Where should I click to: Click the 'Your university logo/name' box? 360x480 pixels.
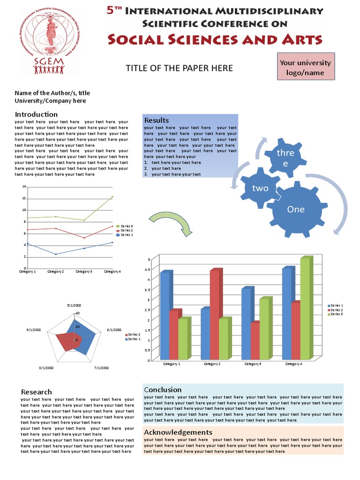point(305,67)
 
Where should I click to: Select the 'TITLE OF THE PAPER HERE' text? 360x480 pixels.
point(179,68)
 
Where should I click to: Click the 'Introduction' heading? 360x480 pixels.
point(36,114)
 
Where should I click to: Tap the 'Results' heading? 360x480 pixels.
point(157,120)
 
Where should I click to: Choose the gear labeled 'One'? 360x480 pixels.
point(296,209)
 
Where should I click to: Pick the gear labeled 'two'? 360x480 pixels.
point(260,188)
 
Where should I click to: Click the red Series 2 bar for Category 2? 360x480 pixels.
point(215,314)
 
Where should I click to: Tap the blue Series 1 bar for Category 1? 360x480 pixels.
point(165,315)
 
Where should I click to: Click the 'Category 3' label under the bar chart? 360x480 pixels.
point(253,364)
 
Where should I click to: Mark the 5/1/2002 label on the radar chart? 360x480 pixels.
point(75,305)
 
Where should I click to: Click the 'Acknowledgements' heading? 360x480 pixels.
point(178,432)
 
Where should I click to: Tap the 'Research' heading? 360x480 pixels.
point(37,392)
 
